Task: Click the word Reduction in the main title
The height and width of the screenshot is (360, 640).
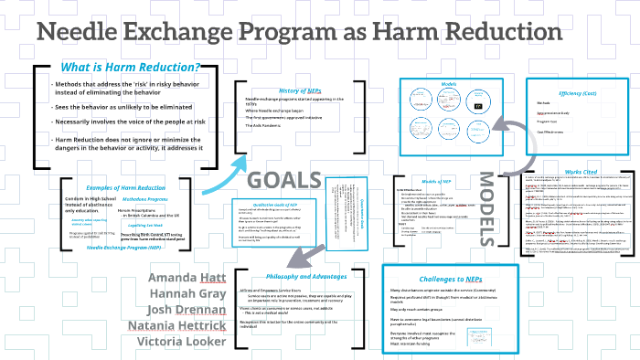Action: click(498, 34)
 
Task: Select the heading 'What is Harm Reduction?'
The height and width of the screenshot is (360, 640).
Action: click(129, 68)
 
